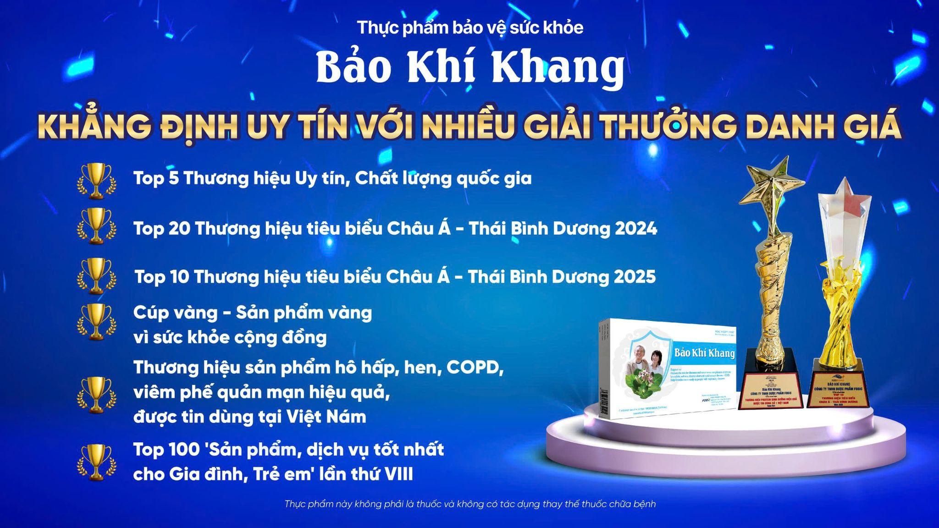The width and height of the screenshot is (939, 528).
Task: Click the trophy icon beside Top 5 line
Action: click(x=95, y=181)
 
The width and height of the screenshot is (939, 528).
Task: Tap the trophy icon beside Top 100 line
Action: click(x=95, y=462)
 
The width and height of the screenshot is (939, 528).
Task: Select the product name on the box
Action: click(x=704, y=353)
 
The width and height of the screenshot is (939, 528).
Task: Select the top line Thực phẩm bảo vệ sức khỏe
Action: click(x=470, y=27)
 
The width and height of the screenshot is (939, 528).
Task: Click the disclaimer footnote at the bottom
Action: click(x=470, y=504)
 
